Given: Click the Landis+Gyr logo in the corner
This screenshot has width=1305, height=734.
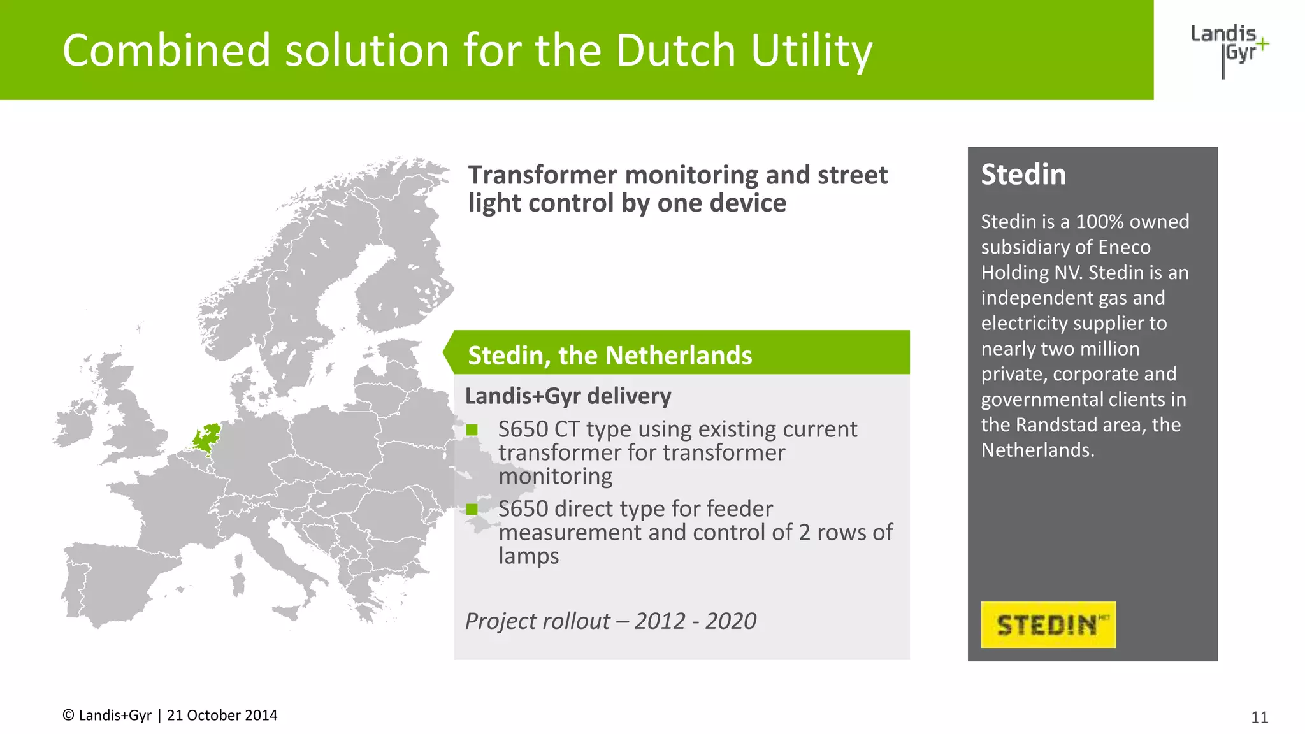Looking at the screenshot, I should tap(1229, 47).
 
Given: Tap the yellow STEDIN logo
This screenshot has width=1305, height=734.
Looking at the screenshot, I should tap(1048, 624).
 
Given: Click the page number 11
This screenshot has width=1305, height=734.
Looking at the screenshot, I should tap(1259, 717).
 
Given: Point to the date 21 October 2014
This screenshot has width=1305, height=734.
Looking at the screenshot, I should tap(222, 716).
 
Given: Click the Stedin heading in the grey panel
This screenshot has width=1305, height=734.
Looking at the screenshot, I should tap(1023, 175).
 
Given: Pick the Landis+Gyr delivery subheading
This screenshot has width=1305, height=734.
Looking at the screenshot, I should tap(568, 396).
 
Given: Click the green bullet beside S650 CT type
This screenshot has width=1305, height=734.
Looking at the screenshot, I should tap(472, 430).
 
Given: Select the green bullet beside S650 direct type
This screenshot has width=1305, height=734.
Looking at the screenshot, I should tap(472, 509).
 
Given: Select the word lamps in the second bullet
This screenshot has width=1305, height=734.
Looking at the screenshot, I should tap(528, 556).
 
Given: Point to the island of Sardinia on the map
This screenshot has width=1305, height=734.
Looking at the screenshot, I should tap(238, 583).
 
